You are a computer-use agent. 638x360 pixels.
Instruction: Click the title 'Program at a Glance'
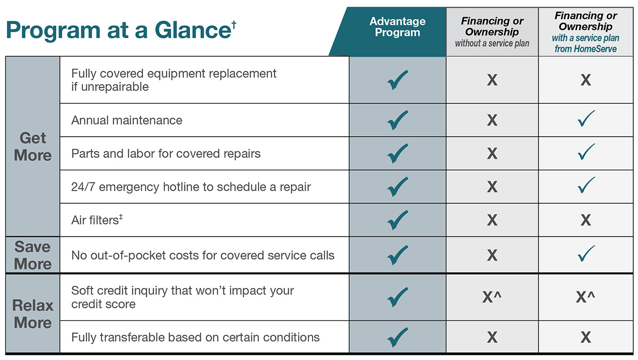(117, 30)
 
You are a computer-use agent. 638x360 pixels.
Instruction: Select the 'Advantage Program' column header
(398, 27)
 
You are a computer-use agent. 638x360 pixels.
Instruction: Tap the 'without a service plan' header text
(492, 44)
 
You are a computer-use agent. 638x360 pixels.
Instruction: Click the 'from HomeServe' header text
(585, 49)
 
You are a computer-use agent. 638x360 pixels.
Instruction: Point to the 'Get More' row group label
(33, 147)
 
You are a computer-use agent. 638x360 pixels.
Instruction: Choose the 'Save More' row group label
(33, 255)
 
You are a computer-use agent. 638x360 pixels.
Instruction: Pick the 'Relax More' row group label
(33, 314)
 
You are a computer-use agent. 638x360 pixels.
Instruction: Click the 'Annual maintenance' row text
(127, 120)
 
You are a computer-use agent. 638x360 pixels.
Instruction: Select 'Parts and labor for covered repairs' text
(166, 154)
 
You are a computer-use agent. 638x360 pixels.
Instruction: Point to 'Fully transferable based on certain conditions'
(195, 337)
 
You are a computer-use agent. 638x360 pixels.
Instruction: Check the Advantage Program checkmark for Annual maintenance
(398, 120)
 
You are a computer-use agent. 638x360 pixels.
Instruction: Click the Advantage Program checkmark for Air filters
(398, 220)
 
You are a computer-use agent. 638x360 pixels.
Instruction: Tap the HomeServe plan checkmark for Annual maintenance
(586, 119)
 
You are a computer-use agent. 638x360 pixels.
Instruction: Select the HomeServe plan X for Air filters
(585, 220)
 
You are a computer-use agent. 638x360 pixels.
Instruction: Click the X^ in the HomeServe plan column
(585, 297)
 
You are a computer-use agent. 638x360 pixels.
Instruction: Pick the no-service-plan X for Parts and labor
(492, 154)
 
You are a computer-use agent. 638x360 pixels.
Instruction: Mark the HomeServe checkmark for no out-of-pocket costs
(586, 254)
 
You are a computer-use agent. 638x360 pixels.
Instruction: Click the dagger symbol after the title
(233, 23)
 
